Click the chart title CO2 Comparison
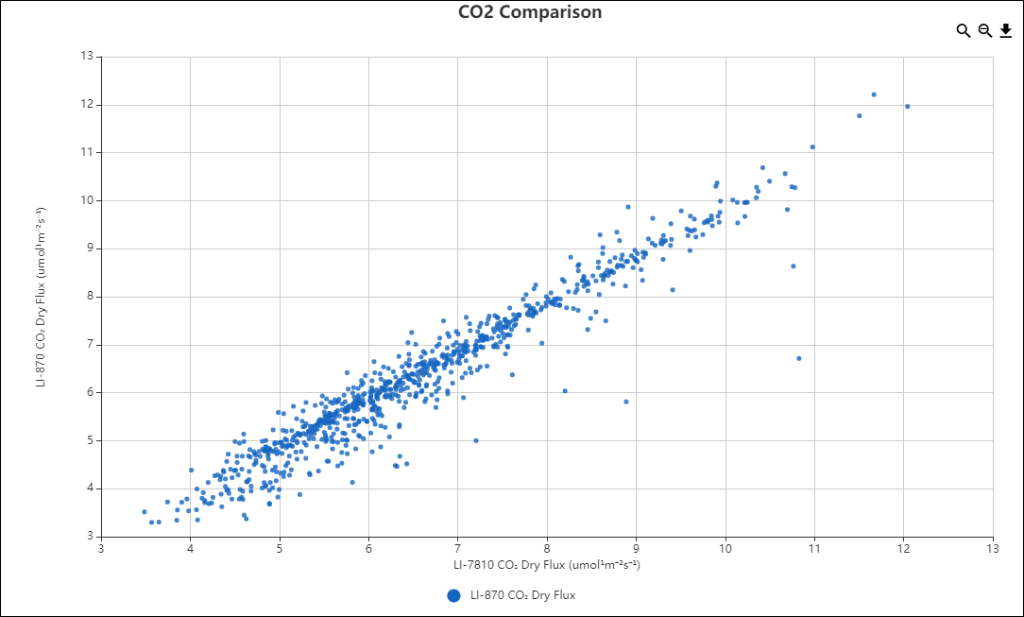click(x=530, y=12)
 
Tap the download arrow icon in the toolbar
click(x=1006, y=30)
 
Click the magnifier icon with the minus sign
click(x=984, y=30)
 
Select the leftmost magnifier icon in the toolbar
click(x=963, y=30)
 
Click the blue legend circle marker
click(x=453, y=595)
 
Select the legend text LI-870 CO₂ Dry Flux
click(x=522, y=595)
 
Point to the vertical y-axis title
click(x=42, y=297)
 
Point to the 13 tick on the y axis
click(x=87, y=56)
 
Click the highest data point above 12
click(x=874, y=94)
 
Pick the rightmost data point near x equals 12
click(x=908, y=107)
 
